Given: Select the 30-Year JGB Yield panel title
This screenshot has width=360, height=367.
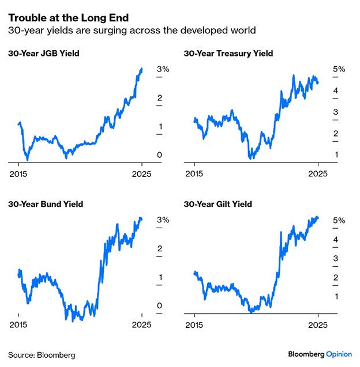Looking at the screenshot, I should coord(43,54).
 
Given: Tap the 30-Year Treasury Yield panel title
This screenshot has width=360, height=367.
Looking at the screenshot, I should coord(228,54).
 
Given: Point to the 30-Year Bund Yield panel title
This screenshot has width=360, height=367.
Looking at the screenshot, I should coord(46,204).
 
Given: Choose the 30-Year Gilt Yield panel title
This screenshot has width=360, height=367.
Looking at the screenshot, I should coord(217,204).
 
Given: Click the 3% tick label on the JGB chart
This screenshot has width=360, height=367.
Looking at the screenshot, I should coord(163,69).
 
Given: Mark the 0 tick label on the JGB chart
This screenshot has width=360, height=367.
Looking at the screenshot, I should coord(160,155).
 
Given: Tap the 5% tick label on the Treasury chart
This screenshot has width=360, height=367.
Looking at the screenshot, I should coord(339,69).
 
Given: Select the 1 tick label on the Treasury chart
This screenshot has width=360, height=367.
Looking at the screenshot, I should coord(335,155).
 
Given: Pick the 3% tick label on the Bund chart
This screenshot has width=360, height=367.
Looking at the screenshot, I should coord(163,220).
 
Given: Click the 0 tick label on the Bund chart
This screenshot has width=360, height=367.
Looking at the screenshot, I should coord(160,306).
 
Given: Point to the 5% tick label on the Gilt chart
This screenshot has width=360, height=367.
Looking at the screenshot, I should coord(339,220).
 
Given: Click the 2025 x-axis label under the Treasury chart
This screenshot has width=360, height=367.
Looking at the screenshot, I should coord(317,173).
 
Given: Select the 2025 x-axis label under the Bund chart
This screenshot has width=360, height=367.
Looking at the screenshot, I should coord(141,324).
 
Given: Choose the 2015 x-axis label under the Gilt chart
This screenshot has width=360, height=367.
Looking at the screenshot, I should coord(194,324).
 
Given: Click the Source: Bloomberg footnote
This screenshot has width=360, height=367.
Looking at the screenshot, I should coord(42,354).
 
